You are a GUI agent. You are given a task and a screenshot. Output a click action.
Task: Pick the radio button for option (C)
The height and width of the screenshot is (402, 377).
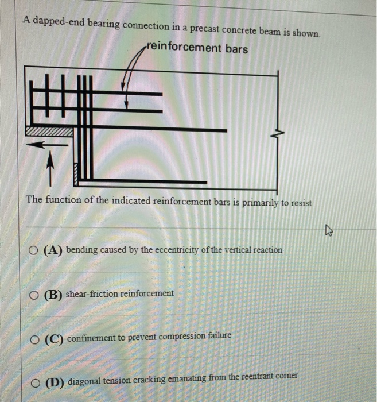click(x=36, y=338)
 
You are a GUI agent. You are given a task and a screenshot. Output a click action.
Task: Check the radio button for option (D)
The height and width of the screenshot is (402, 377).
click(x=36, y=381)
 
